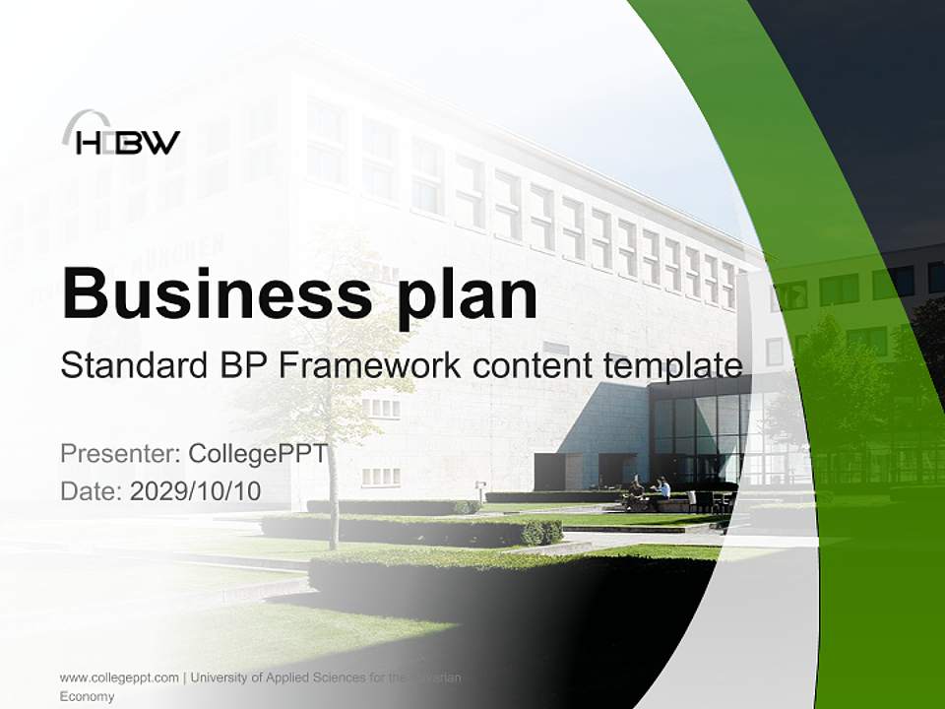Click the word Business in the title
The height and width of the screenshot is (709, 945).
click(214, 292)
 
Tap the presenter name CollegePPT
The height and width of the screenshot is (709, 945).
click(257, 454)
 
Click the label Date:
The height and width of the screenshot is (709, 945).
click(92, 491)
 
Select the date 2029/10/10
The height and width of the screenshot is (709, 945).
click(196, 491)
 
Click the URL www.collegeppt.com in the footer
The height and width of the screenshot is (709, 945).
click(119, 677)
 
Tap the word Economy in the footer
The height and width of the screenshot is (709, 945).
click(87, 696)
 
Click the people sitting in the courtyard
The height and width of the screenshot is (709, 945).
click(650, 489)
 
